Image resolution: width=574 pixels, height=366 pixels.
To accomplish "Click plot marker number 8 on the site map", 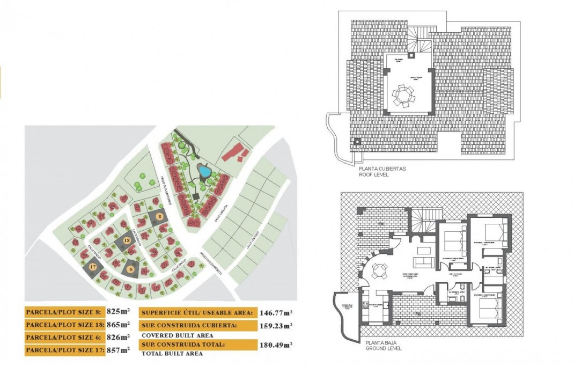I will click(x=159, y=216).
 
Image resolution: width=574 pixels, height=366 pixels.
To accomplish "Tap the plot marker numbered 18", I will click(x=127, y=241).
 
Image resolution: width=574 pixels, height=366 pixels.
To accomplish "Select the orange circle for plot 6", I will click(x=131, y=269).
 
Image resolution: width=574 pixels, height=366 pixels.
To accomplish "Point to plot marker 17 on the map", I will click(x=93, y=266).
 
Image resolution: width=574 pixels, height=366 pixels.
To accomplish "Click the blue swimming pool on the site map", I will click(x=204, y=171).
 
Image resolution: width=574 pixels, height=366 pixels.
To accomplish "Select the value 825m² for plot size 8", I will click(x=118, y=311).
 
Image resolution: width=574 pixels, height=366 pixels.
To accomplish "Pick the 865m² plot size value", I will click(x=118, y=325).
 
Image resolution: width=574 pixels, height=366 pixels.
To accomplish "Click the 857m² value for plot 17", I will click(x=118, y=350).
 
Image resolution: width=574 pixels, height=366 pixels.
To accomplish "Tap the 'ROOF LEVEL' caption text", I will click(x=374, y=174).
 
